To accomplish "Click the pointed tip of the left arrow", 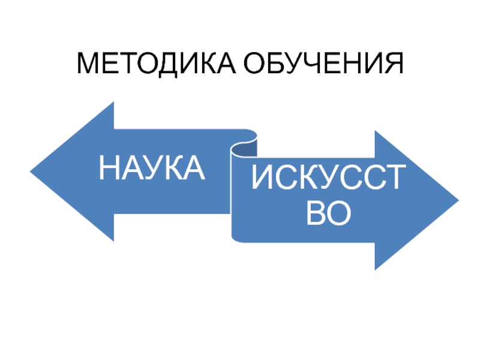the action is pos(32,171).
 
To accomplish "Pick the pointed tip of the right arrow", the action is pos(457,200).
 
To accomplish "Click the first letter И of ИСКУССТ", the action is pos(263,179).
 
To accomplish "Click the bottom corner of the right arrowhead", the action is pos(376,269).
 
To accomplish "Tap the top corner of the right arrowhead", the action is pos(376,131).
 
